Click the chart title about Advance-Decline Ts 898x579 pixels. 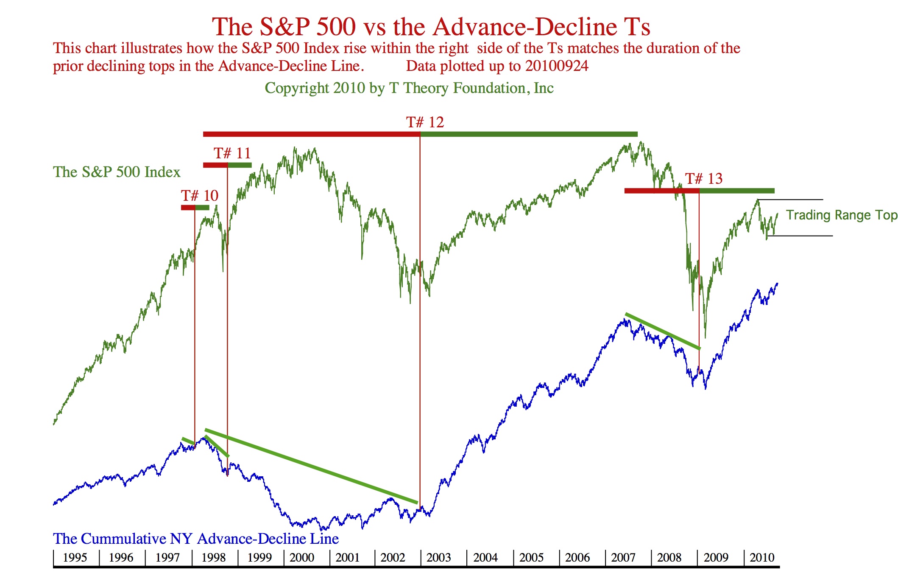point(431,27)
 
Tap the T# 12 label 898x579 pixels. point(425,123)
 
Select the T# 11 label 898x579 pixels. point(232,153)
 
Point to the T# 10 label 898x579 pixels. point(199,196)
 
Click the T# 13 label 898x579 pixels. point(703,179)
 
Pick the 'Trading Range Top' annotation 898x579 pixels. point(841,215)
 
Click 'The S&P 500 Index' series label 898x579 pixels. point(117,172)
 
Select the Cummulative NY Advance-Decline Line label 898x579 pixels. point(195,539)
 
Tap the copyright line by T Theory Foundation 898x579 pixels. point(409,88)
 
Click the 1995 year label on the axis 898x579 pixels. point(75,558)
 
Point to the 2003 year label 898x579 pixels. point(438,558)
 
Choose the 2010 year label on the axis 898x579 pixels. point(762,558)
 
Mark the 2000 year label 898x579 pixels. point(301,558)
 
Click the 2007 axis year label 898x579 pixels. point(623,558)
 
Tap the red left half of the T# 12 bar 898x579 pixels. point(311,134)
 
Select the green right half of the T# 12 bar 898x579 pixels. point(529,134)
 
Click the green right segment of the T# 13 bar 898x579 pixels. point(737,191)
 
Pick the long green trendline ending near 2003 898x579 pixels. point(311,466)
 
